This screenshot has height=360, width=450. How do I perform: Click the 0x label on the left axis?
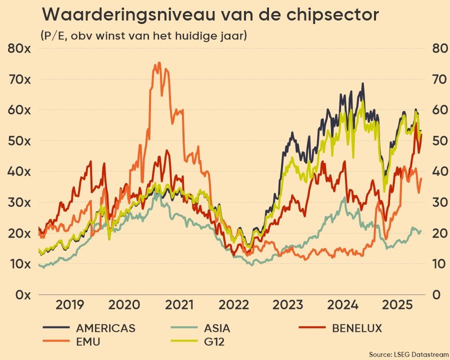point(22,294)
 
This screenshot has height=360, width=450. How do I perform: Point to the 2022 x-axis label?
point(234,305)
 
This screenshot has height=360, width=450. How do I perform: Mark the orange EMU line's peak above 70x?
point(159,63)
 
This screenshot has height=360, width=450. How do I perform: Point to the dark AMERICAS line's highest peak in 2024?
point(362,83)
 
